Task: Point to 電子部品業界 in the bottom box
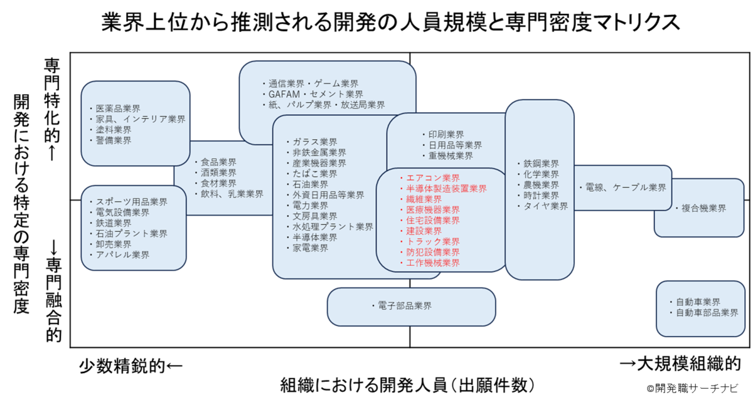(x=405, y=305)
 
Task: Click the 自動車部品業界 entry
(x=707, y=313)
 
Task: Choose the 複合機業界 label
(x=703, y=208)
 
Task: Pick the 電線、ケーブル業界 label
(x=626, y=187)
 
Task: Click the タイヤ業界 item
(x=545, y=206)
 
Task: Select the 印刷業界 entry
(x=446, y=135)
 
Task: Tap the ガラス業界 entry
(x=314, y=142)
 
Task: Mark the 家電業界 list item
(x=310, y=248)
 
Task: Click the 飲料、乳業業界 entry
(x=232, y=194)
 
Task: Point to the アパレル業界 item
(x=122, y=255)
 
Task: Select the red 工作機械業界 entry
(x=433, y=263)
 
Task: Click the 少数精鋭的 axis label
(x=122, y=366)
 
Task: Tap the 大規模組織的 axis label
(x=689, y=364)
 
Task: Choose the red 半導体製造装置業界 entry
(x=446, y=189)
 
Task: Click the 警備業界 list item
(x=114, y=140)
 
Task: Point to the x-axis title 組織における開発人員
(x=364, y=385)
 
